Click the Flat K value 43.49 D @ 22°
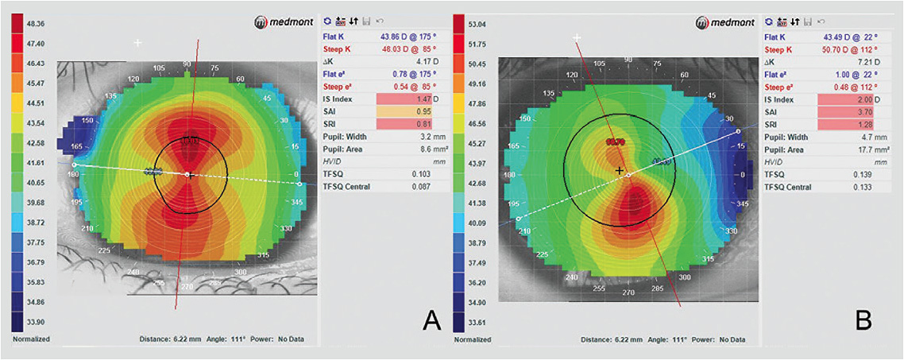tap(839, 37)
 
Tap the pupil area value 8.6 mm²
tap(414, 149)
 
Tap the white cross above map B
tap(578, 37)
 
